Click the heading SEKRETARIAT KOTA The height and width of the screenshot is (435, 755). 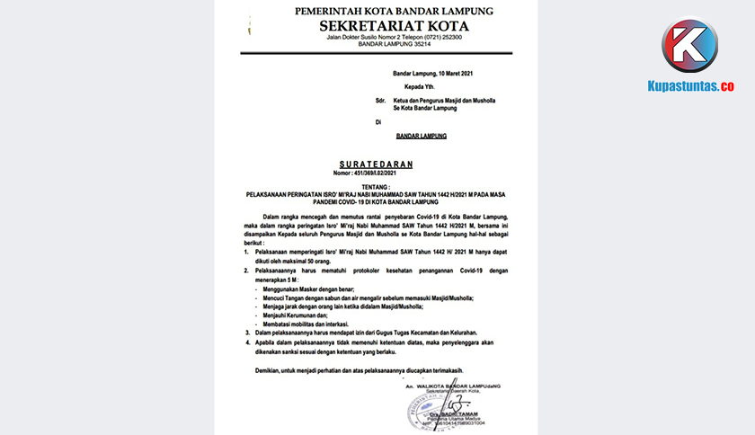tap(394, 25)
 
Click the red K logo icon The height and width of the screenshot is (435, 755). tap(689, 46)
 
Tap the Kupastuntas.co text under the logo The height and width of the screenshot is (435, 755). tap(690, 86)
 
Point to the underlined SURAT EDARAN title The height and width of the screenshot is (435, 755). tap(377, 164)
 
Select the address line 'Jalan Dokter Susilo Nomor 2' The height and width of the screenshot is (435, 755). tap(394, 38)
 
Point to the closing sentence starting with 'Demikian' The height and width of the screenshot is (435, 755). tap(373, 369)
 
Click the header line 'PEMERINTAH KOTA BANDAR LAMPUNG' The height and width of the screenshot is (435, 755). tap(394, 11)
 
